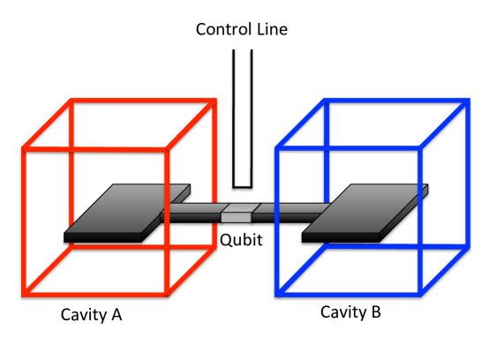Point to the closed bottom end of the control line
pyautogui.click(x=244, y=187)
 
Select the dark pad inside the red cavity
pyautogui.click(x=128, y=212)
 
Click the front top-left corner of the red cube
pyautogui.click(x=23, y=150)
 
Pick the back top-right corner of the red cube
pyautogui.click(x=214, y=100)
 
